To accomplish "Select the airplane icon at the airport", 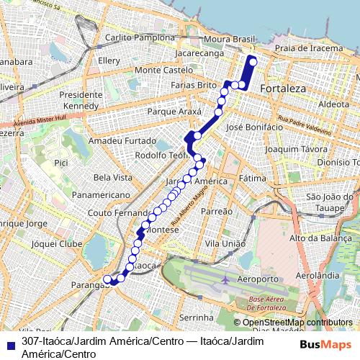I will (x=227, y=279).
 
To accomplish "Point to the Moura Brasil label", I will (x=230, y=37).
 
